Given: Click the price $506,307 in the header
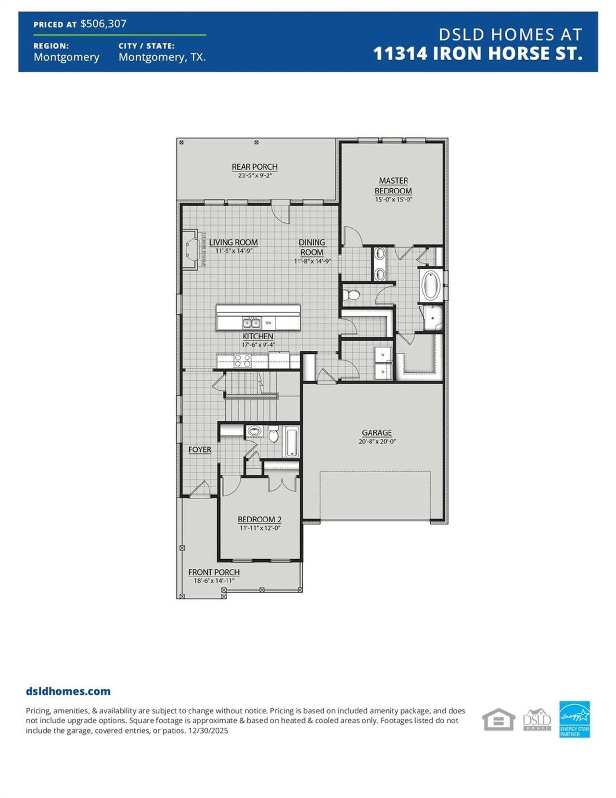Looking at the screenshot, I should pyautogui.click(x=103, y=24).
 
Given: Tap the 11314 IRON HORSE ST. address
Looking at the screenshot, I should pyautogui.click(x=477, y=53).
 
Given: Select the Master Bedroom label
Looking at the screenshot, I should pyautogui.click(x=393, y=186).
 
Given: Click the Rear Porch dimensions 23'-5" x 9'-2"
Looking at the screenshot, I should pyautogui.click(x=255, y=176).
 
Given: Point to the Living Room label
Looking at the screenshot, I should pyautogui.click(x=233, y=243).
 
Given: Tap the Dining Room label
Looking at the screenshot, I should pyautogui.click(x=312, y=247).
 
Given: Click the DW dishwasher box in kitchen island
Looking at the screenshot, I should pyautogui.click(x=269, y=323).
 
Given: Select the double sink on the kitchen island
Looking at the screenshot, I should pyautogui.click(x=251, y=323).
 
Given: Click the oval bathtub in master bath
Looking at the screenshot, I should pyautogui.click(x=431, y=285).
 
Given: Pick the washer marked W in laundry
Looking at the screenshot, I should pyautogui.click(x=383, y=355).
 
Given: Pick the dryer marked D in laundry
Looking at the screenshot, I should pyautogui.click(x=383, y=372).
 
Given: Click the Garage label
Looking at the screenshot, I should pyautogui.click(x=377, y=433).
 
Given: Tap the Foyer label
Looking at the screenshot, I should pyautogui.click(x=200, y=450).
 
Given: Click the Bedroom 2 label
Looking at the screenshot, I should pyautogui.click(x=259, y=519).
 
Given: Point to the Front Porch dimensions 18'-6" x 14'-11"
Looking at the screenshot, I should pyautogui.click(x=214, y=581).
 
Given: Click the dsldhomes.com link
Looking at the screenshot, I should pyautogui.click(x=68, y=691).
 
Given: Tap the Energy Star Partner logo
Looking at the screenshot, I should pyautogui.click(x=574, y=719).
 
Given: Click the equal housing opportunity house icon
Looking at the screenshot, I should pyautogui.click(x=498, y=720).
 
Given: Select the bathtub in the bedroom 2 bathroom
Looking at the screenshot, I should pyautogui.click(x=292, y=442).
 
